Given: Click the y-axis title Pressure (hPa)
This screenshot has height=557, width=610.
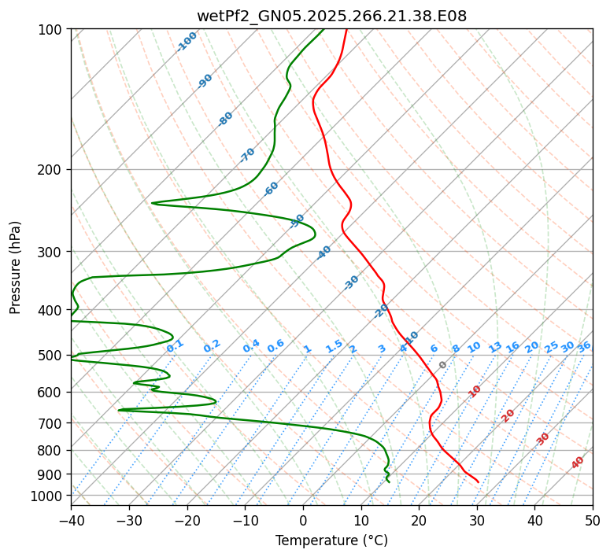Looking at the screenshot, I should [16, 267].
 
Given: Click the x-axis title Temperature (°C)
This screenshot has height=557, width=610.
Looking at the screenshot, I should [331, 540].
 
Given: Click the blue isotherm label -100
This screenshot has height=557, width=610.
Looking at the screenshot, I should [187, 41].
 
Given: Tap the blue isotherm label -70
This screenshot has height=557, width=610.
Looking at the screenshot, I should [248, 155].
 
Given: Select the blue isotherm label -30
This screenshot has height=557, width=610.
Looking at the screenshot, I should [352, 282].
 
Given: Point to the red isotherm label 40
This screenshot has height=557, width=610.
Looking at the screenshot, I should [578, 463].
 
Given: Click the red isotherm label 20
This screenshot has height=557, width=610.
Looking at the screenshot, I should [508, 415].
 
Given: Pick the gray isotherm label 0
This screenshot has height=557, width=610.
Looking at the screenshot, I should [443, 365].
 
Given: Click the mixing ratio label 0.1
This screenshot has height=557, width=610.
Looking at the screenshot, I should [176, 346].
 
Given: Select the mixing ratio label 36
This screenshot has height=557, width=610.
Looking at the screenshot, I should [584, 346].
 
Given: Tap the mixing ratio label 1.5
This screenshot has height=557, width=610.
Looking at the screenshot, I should [335, 346].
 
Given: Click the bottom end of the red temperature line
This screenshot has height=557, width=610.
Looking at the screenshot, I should [478, 481].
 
